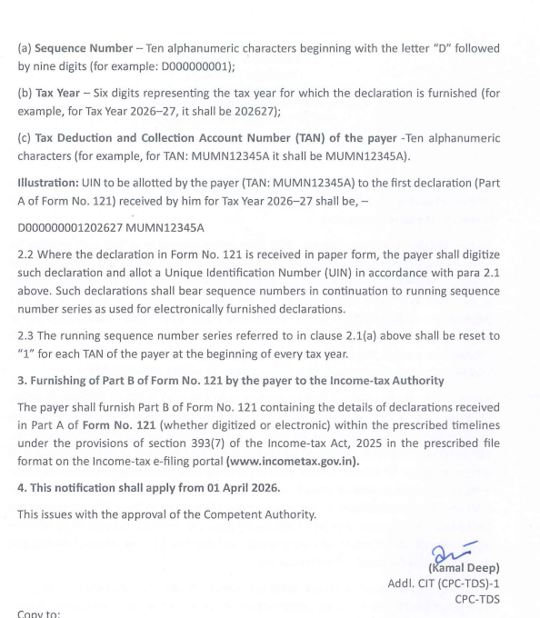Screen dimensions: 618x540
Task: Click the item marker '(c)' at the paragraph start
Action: [25, 138]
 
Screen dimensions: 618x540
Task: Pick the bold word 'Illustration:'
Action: [52, 183]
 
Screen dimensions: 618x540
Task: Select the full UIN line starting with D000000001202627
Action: [111, 227]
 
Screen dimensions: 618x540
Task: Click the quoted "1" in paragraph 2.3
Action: [27, 354]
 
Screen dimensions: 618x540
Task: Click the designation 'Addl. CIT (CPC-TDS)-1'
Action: [443, 583]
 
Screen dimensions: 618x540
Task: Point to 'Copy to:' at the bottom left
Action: [39, 613]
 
